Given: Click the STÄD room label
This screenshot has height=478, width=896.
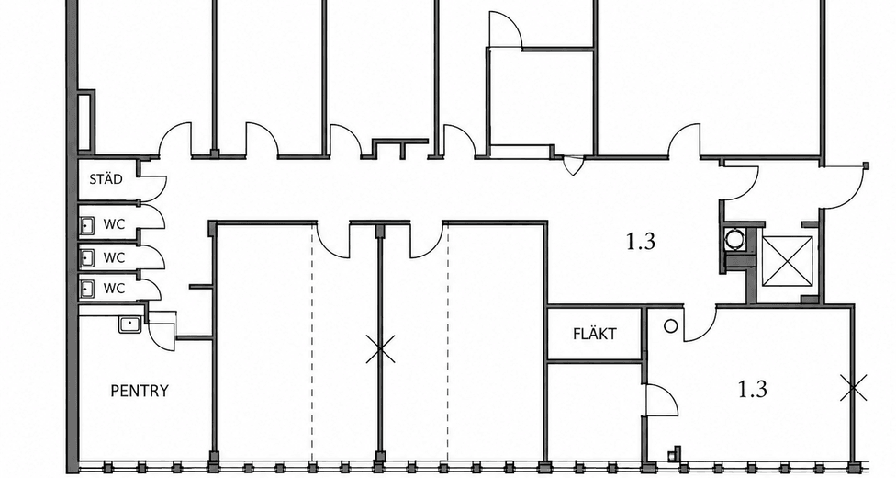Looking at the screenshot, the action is (x=106, y=179).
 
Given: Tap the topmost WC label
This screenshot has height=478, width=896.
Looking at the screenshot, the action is (x=114, y=223).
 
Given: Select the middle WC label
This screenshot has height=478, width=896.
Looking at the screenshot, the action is (x=114, y=257).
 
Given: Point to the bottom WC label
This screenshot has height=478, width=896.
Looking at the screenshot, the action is (x=114, y=289).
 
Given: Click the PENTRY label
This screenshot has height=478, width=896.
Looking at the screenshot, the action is (x=140, y=391).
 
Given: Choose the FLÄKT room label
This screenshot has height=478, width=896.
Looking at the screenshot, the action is (x=594, y=334).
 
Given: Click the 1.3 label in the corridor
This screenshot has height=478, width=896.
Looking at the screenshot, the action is (x=641, y=242).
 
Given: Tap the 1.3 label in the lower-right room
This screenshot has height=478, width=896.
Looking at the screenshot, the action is (x=753, y=390).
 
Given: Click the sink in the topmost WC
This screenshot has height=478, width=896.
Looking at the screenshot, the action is (x=86, y=226).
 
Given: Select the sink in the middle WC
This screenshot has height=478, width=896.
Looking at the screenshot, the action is (x=86, y=258).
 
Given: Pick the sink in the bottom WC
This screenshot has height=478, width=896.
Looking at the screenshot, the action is (x=86, y=289).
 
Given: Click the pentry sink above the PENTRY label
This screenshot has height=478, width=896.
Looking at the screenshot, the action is (x=130, y=324).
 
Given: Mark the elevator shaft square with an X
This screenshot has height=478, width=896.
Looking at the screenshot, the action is (x=788, y=260).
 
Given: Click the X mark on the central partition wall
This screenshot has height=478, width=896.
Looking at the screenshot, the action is (x=380, y=349).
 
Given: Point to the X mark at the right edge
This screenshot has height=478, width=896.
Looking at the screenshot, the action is (x=854, y=388).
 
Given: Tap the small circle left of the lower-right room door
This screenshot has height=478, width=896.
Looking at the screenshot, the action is (x=671, y=326).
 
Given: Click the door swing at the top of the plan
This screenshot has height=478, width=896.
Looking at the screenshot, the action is (x=506, y=28).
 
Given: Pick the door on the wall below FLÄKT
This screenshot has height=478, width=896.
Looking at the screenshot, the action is (x=662, y=400).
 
